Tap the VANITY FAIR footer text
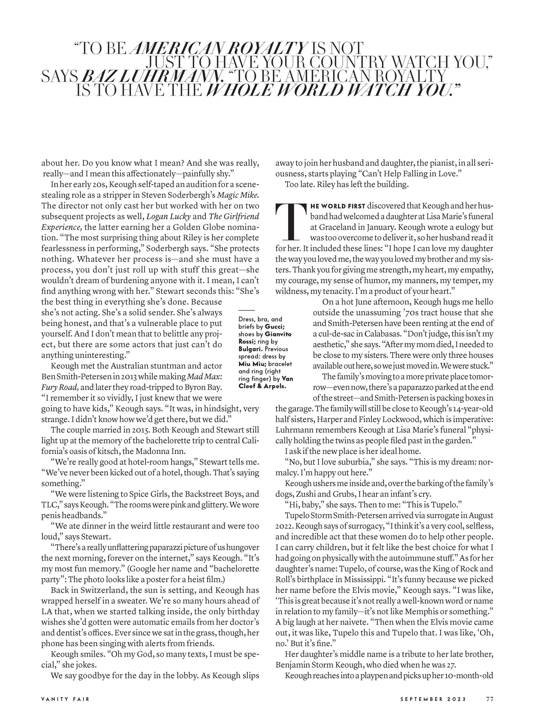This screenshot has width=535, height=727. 65,708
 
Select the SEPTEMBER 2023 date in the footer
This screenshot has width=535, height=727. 433,708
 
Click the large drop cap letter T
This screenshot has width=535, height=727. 290,221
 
